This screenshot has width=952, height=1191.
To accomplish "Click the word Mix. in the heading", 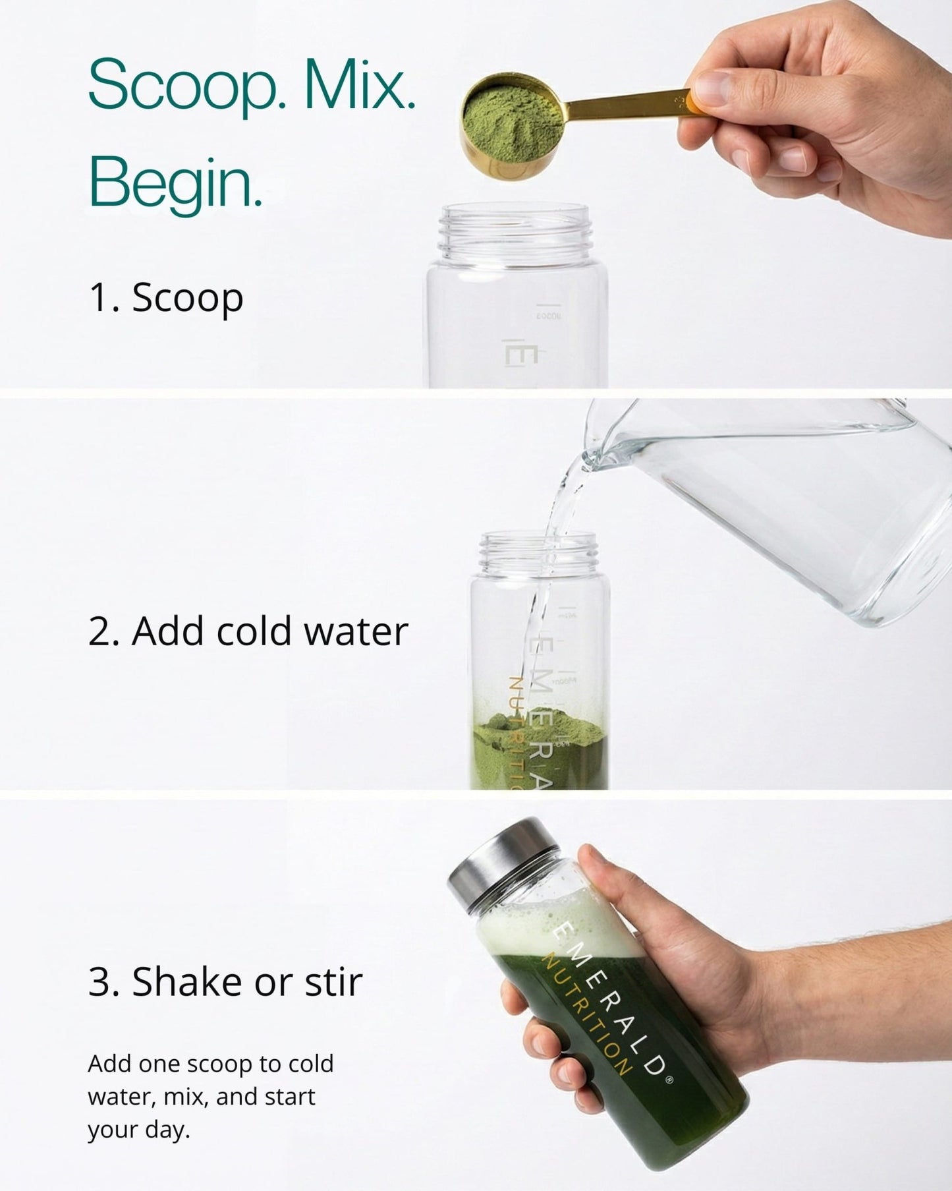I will (360, 86).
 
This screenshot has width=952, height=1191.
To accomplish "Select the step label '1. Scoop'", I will (166, 297).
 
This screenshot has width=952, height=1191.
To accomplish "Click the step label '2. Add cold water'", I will (248, 631).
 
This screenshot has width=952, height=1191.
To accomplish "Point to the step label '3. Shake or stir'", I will (225, 981).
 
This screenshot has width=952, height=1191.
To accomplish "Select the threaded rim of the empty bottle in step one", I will (517, 231).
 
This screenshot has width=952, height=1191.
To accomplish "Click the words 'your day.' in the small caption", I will (138, 1129).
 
